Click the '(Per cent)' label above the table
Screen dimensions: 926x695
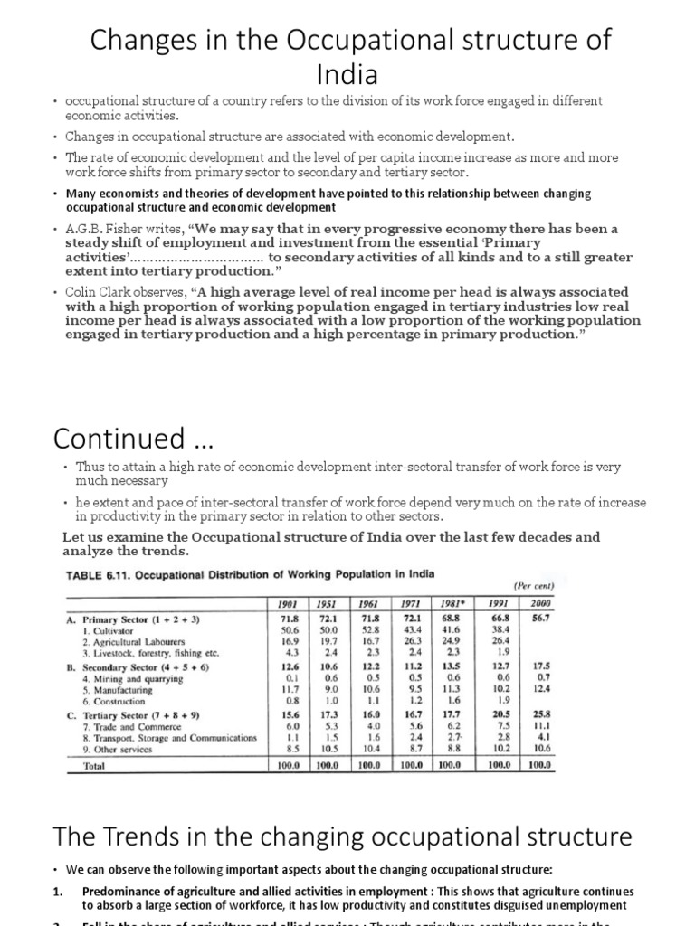pos(534,585)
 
